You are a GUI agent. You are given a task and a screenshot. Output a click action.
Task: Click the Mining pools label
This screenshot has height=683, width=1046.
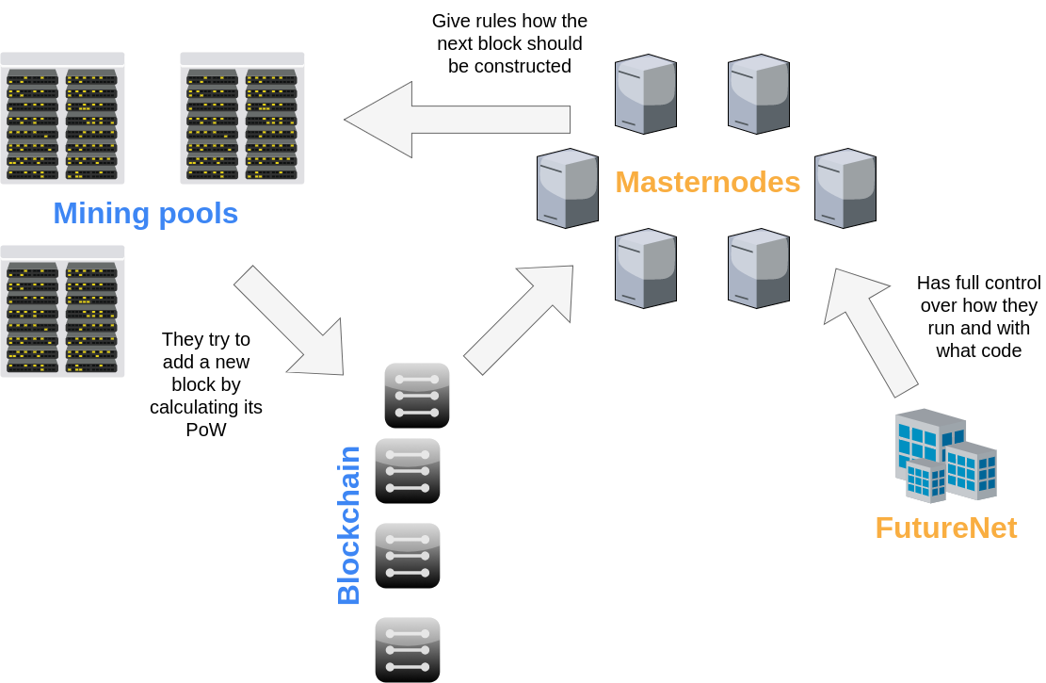(x=145, y=213)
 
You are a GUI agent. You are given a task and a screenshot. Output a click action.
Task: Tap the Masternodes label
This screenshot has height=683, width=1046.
(x=707, y=182)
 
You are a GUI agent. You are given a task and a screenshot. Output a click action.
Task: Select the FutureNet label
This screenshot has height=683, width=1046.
(x=945, y=528)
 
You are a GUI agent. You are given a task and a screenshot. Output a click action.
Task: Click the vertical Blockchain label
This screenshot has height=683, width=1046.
(x=348, y=525)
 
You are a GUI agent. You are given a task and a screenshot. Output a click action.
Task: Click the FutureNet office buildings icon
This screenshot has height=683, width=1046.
(x=945, y=456)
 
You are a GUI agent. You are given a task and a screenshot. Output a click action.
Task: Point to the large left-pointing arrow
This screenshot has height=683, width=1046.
(x=457, y=120)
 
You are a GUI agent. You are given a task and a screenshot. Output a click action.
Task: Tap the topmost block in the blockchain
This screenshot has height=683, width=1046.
(x=417, y=396)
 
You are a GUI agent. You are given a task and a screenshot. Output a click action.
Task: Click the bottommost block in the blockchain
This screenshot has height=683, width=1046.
(x=408, y=649)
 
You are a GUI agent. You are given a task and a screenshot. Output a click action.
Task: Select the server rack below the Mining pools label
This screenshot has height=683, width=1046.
(x=62, y=312)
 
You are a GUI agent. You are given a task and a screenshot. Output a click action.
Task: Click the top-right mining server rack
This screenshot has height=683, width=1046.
(x=242, y=119)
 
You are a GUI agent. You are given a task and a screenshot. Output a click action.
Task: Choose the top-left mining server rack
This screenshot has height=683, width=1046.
(x=62, y=119)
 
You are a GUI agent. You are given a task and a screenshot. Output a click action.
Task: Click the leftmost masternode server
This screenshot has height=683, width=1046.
(x=568, y=188)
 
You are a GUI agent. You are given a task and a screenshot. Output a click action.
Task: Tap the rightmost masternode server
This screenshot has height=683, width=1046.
(x=845, y=188)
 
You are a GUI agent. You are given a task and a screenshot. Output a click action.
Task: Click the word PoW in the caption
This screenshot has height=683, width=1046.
(x=205, y=430)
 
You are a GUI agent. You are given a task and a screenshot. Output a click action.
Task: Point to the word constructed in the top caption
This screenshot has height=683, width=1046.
(x=509, y=66)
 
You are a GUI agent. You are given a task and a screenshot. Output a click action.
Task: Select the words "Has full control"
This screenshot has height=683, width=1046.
(x=978, y=283)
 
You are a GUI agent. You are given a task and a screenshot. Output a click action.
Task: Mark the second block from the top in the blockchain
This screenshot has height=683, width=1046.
(x=408, y=471)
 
